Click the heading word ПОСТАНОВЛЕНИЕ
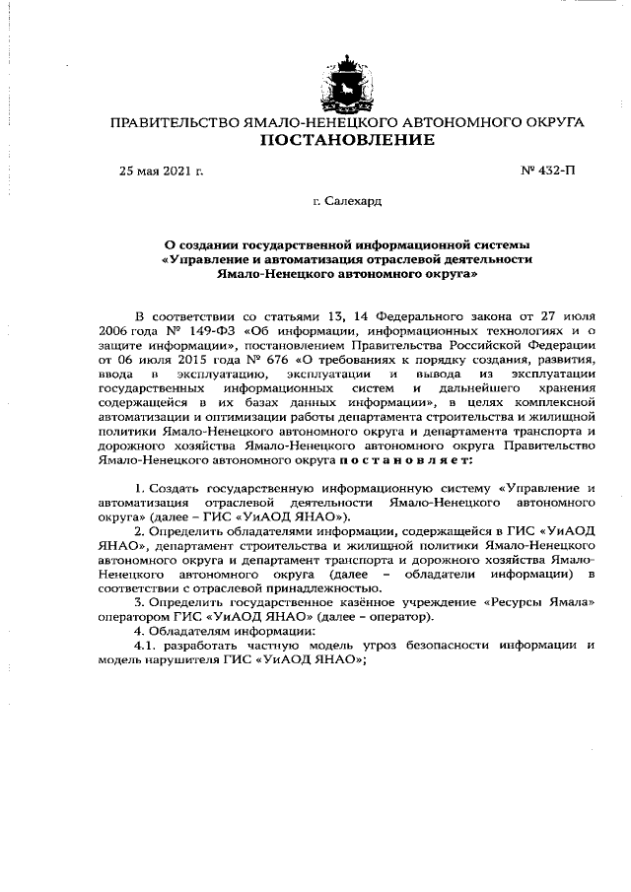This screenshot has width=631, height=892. tap(346, 141)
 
